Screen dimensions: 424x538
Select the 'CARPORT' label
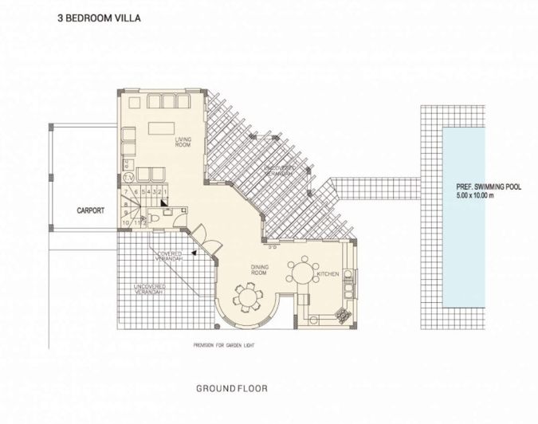[92, 211]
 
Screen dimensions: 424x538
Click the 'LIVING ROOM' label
[183, 142]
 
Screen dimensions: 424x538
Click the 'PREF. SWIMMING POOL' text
[489, 187]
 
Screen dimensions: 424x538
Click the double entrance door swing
[201, 234]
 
